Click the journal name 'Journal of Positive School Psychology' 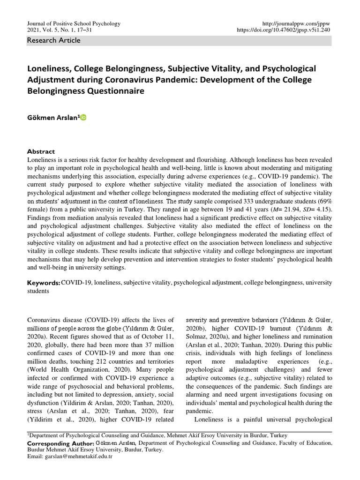[75, 23]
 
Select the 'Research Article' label [54, 40]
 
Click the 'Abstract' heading [41, 151]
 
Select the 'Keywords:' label [44, 283]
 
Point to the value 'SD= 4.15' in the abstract [317, 209]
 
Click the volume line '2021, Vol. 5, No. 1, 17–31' [60, 30]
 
